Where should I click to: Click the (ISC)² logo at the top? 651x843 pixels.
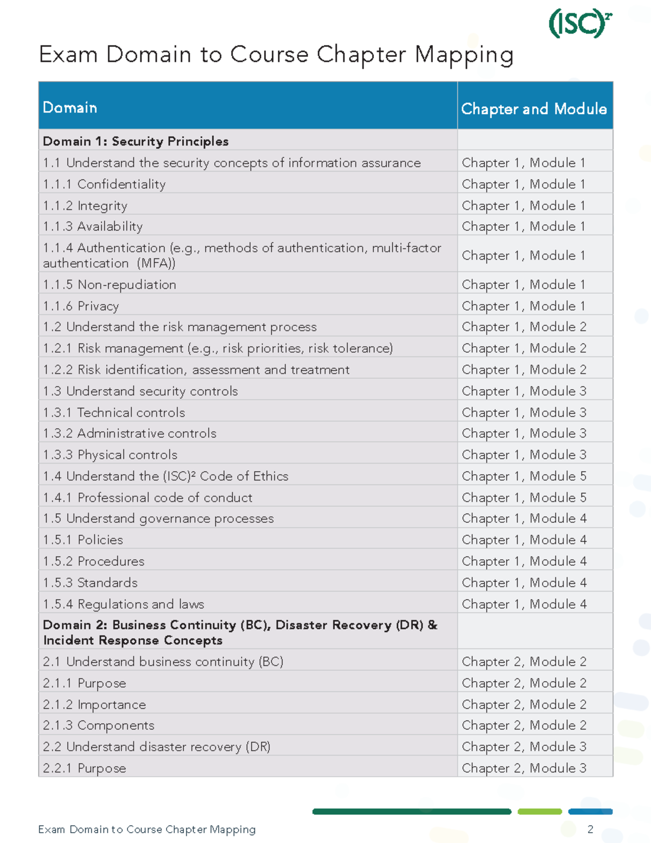580,23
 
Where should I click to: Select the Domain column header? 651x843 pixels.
70,107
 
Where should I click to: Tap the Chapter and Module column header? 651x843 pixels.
534,109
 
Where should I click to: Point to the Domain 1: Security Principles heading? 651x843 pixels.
136,141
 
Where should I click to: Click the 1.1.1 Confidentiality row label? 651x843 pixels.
104,184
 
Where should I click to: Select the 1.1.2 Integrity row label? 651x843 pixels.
85,206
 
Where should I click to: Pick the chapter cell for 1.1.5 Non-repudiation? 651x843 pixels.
524,284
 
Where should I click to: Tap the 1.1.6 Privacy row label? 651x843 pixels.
81,306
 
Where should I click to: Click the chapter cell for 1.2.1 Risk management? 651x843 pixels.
524,348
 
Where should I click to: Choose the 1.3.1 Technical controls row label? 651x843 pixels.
114,413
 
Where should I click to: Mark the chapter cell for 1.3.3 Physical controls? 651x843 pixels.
524,455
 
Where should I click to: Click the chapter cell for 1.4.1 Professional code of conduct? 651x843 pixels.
524,498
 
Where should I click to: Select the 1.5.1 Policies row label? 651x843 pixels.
83,540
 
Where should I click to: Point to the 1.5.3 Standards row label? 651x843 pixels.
90,582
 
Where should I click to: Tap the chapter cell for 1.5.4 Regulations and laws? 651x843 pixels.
524,604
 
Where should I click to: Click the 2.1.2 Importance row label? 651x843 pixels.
94,705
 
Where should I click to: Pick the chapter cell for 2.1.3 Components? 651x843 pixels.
524,725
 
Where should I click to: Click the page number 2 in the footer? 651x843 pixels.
590,829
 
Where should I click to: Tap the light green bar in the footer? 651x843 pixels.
539,812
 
